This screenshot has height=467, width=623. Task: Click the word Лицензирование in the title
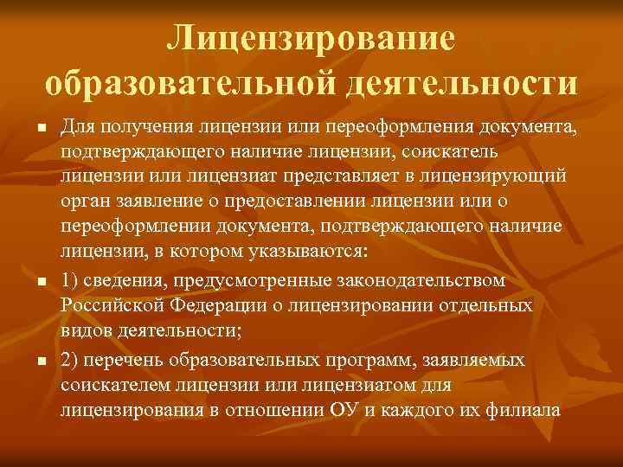[311, 37]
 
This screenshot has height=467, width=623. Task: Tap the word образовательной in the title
[185, 83]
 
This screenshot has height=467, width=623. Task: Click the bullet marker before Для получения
[40, 130]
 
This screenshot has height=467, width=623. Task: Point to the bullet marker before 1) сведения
[40, 283]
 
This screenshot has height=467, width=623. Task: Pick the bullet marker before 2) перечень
[40, 360]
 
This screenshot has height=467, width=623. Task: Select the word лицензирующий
[505, 178]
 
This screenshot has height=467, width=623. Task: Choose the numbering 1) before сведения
[70, 281]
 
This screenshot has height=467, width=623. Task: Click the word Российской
[107, 307]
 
